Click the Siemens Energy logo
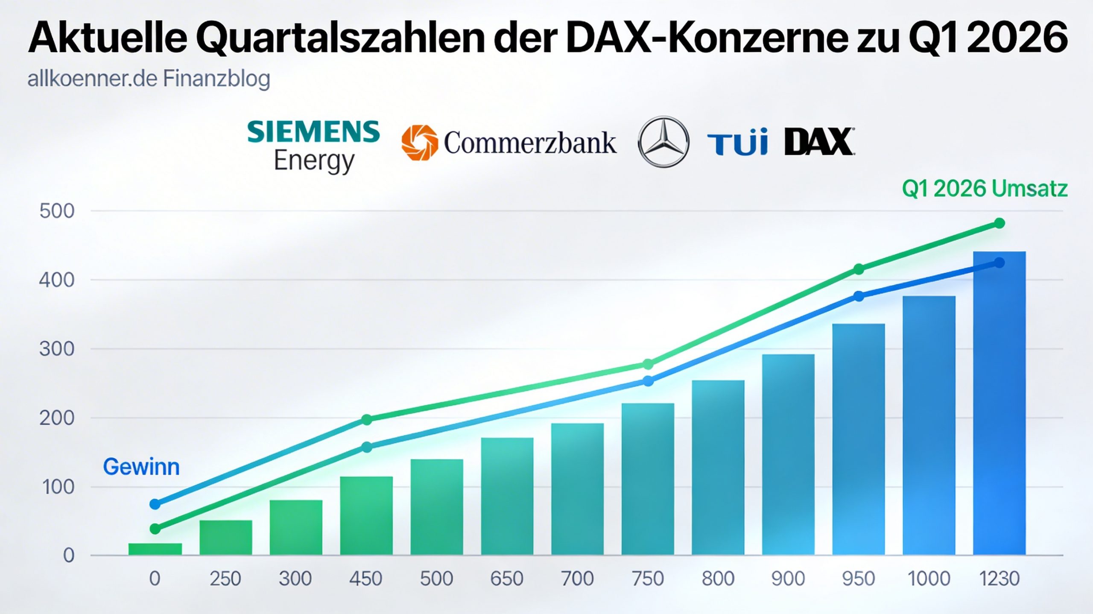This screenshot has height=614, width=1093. (x=313, y=146)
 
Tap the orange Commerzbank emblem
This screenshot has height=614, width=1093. (x=419, y=143)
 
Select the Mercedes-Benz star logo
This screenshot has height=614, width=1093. (x=663, y=142)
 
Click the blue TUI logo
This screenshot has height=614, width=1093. (x=737, y=143)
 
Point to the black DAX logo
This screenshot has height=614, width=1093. (x=819, y=142)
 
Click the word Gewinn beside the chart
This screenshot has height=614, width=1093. (x=141, y=467)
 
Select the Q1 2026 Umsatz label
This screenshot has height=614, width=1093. (x=985, y=189)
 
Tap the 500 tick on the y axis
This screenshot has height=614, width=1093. (x=57, y=211)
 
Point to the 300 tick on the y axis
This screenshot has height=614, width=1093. (x=57, y=349)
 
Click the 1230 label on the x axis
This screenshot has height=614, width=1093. (x=999, y=579)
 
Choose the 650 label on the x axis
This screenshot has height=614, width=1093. (x=507, y=579)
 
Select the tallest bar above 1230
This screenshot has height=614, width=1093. (x=999, y=406)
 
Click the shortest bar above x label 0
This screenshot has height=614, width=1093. (x=155, y=549)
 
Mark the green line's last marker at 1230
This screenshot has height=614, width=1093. (x=999, y=223)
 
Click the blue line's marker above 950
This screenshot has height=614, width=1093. (x=859, y=296)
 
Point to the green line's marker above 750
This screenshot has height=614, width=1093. (x=648, y=364)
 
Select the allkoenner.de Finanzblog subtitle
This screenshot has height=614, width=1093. (x=149, y=79)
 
